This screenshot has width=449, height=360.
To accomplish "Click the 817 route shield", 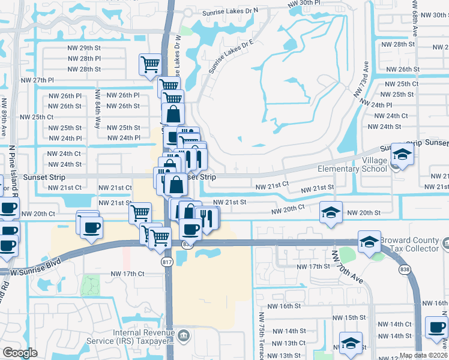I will (x=169, y=262).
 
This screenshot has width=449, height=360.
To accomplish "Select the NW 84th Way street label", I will (x=98, y=109).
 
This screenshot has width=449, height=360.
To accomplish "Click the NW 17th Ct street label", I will (x=127, y=274).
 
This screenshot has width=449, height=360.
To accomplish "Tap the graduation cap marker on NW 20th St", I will (x=331, y=212).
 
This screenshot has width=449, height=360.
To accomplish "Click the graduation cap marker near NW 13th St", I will (x=351, y=343).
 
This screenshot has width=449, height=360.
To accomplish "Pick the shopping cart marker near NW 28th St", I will (x=149, y=64).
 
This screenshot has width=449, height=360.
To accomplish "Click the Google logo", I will (x=20, y=353).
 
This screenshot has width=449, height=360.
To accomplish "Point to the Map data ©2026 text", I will (x=423, y=355).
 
